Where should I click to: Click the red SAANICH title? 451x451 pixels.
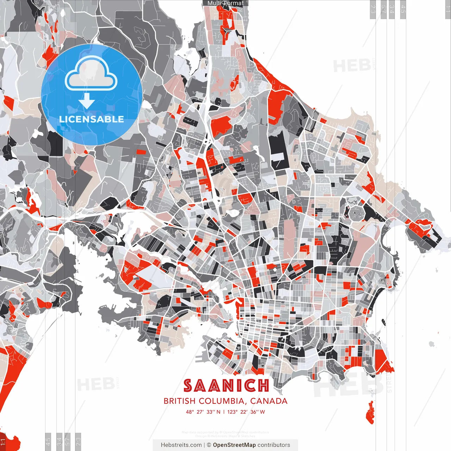pos(226,386)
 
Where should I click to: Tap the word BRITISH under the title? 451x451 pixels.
pos(179,401)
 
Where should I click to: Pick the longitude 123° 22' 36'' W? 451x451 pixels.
pos(246,412)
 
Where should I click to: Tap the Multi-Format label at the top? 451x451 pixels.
pos(225,3)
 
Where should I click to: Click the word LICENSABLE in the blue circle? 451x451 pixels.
pos(92,119)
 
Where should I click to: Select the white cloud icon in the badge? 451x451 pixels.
pos(91,74)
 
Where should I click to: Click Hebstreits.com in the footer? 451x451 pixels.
pos(181,445)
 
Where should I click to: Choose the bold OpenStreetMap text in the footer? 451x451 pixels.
pos(234,445)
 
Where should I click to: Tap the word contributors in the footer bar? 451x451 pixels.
pos(274,445)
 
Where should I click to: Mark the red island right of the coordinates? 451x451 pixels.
pos(370,413)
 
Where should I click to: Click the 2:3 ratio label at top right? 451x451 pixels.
pos(372,9)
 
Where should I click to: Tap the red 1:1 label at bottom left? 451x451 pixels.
pos(3,442)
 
